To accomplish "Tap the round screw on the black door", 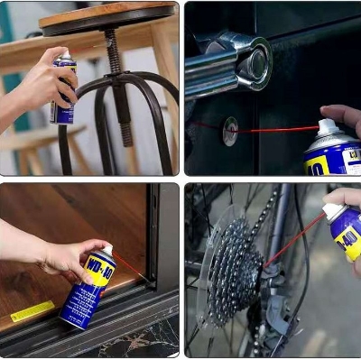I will pos(231,130).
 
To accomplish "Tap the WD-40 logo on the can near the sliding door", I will pos(98,272).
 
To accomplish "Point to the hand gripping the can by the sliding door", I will pos(68,257).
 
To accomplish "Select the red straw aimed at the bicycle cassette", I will pos(293,238).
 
